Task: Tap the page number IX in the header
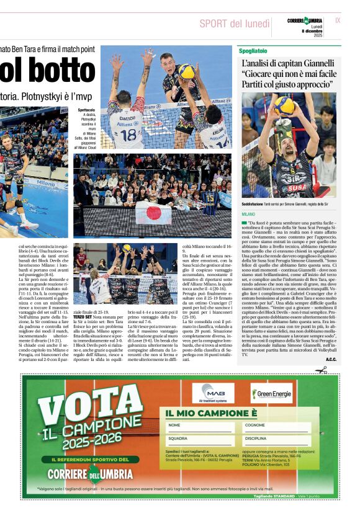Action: click(338, 20)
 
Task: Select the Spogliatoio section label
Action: click(253, 50)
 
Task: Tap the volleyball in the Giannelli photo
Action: click(284, 105)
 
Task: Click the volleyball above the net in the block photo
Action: click(186, 72)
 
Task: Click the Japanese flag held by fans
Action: click(153, 214)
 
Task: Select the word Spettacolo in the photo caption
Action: click(86, 110)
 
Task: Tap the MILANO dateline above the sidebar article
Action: click(248, 213)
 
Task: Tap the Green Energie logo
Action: click(271, 393)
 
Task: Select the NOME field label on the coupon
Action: click(174, 425)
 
